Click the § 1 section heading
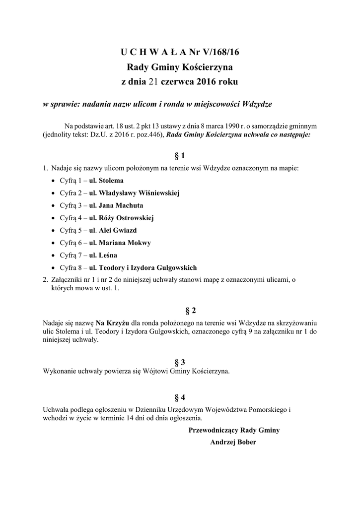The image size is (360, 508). [x=180, y=155]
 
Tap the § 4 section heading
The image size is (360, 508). [x=179, y=397]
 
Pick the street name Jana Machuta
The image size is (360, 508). [x=121, y=205]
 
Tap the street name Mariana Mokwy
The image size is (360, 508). [x=125, y=243]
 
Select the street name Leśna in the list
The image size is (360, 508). [x=108, y=255]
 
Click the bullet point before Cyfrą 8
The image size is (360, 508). [x=54, y=268]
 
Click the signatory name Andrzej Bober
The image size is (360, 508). [x=233, y=442]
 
